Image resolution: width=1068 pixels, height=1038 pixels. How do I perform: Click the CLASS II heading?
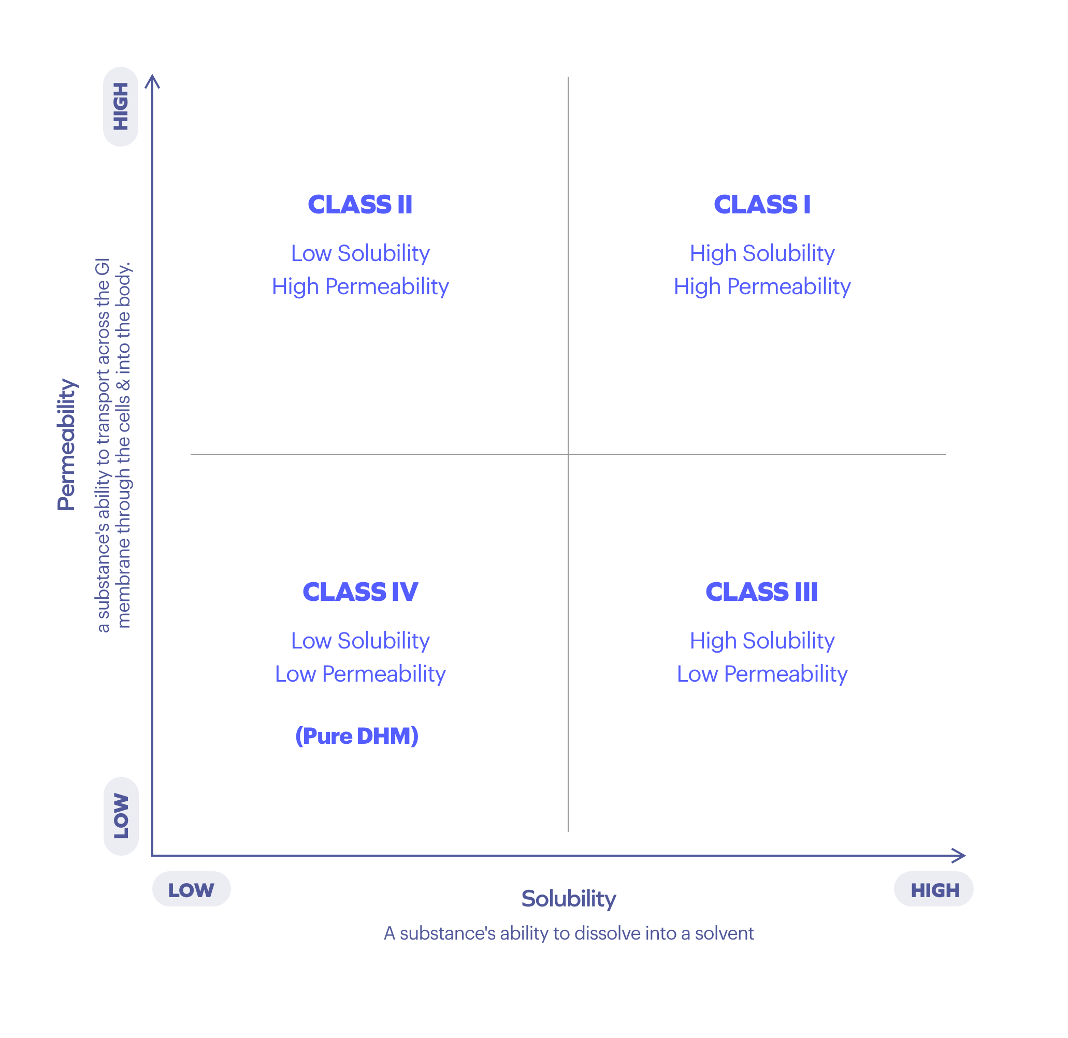[x=360, y=205]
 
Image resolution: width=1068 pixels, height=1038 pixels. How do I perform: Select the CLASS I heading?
[x=761, y=205]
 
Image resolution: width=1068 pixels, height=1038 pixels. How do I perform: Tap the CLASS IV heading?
[x=360, y=592]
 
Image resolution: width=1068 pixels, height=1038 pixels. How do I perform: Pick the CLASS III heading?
[x=761, y=592]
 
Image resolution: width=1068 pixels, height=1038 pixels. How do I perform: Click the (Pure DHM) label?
[x=356, y=736]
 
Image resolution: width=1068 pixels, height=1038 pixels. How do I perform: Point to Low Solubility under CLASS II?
[x=360, y=253]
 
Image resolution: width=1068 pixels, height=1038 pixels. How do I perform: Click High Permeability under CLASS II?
[x=360, y=286]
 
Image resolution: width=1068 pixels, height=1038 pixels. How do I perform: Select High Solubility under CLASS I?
[x=761, y=253]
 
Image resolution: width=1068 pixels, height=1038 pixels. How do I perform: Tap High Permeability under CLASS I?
[x=761, y=286]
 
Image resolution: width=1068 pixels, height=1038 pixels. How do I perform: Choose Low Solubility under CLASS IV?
[x=360, y=640]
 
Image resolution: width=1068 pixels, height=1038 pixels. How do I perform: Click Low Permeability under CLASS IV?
[x=360, y=674]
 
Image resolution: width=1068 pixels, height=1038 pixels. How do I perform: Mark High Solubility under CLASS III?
[x=761, y=640]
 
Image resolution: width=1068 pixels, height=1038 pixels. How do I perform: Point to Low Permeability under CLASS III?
[x=761, y=674]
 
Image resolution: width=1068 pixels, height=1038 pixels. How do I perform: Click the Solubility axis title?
[x=568, y=899]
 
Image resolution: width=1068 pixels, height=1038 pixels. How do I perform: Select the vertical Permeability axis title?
[x=66, y=444]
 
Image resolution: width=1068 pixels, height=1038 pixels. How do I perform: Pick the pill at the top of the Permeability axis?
[x=121, y=107]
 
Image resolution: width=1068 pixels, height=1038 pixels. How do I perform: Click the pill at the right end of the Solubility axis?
[x=933, y=889]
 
